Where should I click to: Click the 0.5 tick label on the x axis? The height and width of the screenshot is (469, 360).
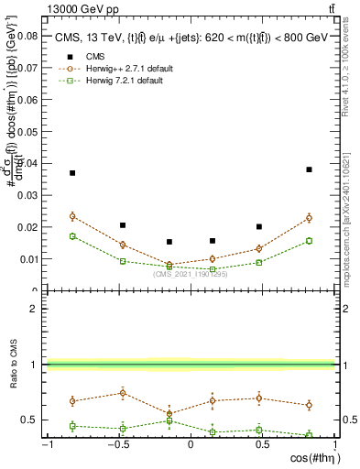click(x=262, y=445)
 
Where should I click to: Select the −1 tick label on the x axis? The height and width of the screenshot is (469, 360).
click(x=44, y=445)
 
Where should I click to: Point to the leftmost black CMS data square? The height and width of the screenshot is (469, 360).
click(x=72, y=173)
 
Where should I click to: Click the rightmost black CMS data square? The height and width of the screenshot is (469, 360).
click(x=310, y=169)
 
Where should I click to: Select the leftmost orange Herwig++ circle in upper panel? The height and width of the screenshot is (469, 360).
click(x=72, y=216)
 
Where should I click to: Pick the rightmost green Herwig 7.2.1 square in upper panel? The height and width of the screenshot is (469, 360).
click(x=310, y=241)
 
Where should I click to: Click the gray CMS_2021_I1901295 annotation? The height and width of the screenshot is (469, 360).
click(x=190, y=274)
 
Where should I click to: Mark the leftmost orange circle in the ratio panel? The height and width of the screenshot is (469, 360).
click(x=72, y=400)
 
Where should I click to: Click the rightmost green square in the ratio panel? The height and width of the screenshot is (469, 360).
click(x=310, y=435)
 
